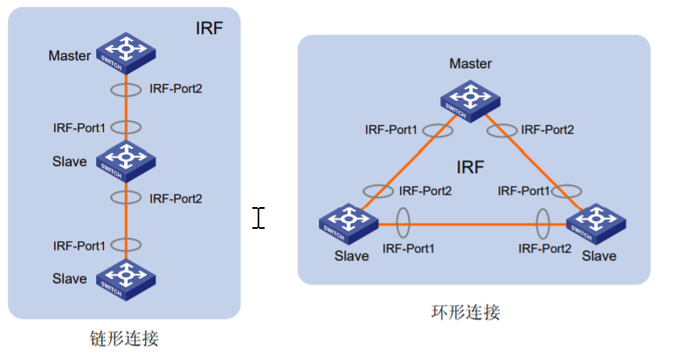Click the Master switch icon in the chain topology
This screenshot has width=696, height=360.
click(x=126, y=53)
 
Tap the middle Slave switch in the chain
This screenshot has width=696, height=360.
click(x=126, y=158)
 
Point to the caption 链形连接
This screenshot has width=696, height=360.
click(x=124, y=337)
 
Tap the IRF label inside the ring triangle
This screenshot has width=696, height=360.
click(x=470, y=166)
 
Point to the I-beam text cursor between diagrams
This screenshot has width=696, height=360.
click(x=258, y=218)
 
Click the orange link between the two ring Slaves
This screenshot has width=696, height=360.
click(x=472, y=224)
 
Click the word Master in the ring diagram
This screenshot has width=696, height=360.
click(x=470, y=64)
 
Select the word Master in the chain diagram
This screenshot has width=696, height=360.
click(x=70, y=57)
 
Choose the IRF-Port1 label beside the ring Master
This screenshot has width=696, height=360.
click(x=390, y=129)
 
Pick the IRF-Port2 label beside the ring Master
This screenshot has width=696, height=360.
click(x=548, y=129)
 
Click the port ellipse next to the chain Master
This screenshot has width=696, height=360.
click(x=126, y=88)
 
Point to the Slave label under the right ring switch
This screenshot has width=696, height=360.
click(x=599, y=256)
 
